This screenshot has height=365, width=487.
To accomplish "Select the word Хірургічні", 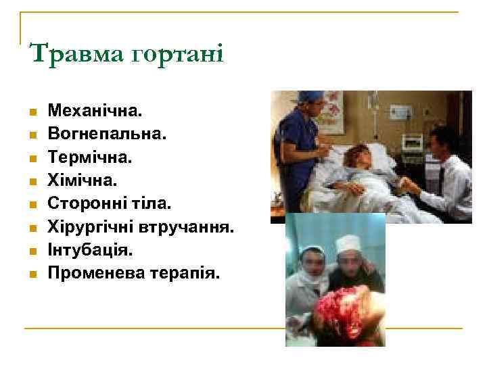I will (91, 227).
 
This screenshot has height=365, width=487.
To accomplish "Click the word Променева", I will (91, 274).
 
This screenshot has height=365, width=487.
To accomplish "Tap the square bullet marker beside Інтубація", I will (31, 251).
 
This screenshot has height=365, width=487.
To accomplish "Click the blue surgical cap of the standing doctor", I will (309, 97).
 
